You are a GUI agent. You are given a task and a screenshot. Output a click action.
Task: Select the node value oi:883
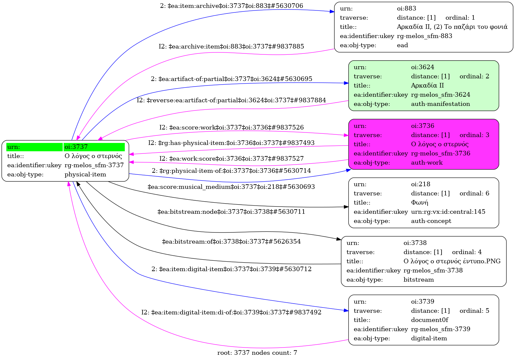tap(406, 9)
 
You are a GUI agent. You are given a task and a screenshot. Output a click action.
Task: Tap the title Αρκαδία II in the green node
tap(427, 86)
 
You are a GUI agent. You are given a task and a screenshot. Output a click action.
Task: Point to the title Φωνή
tap(420, 203)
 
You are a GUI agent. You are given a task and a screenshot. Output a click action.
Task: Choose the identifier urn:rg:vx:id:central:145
tap(448, 212)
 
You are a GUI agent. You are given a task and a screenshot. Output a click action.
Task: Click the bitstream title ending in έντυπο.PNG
tap(452, 261)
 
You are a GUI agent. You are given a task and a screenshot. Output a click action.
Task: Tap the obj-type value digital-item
tap(429, 338)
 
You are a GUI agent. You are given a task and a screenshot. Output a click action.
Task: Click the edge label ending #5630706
tap(231, 6)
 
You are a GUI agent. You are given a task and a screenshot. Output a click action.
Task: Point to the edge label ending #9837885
tap(231, 47)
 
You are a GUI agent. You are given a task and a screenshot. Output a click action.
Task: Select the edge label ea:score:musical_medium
tap(231, 187)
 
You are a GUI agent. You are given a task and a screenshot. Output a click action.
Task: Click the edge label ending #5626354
tap(231, 242)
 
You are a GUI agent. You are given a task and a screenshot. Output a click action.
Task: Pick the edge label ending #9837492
tap(231, 312)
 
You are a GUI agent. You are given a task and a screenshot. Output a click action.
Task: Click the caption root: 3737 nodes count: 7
tap(257, 353)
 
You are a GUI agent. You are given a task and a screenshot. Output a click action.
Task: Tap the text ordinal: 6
tap(474, 193)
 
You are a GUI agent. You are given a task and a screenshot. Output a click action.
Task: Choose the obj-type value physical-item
tap(85, 174)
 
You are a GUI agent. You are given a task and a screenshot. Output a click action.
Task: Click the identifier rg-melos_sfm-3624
tap(440, 95)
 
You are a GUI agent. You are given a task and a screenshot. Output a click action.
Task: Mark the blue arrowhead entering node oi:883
tap(332, 12)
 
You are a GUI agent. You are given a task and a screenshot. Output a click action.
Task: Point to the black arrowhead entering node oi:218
tap(346, 207)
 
